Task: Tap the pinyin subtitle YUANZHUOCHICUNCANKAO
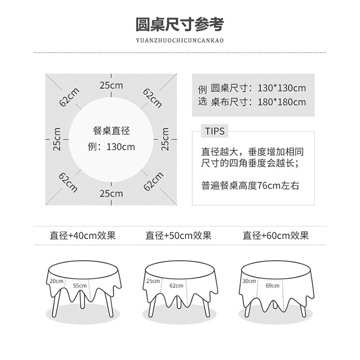pos(180,40)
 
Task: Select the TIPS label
pos(215,131)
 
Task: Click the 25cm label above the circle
pos(111,85)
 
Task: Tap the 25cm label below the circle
pos(111,194)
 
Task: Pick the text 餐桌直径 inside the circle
pos(111,131)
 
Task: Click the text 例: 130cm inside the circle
pos(111,147)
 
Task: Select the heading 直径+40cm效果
pos(83,235)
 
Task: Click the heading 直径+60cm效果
pos(276,235)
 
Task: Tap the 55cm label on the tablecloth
pos(80,285)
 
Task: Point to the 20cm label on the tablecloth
pos(57,281)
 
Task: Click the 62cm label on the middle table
pos(176,285)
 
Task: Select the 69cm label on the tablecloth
pos(272,285)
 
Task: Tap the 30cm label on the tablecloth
pos(249,281)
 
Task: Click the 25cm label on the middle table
pos(153,281)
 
